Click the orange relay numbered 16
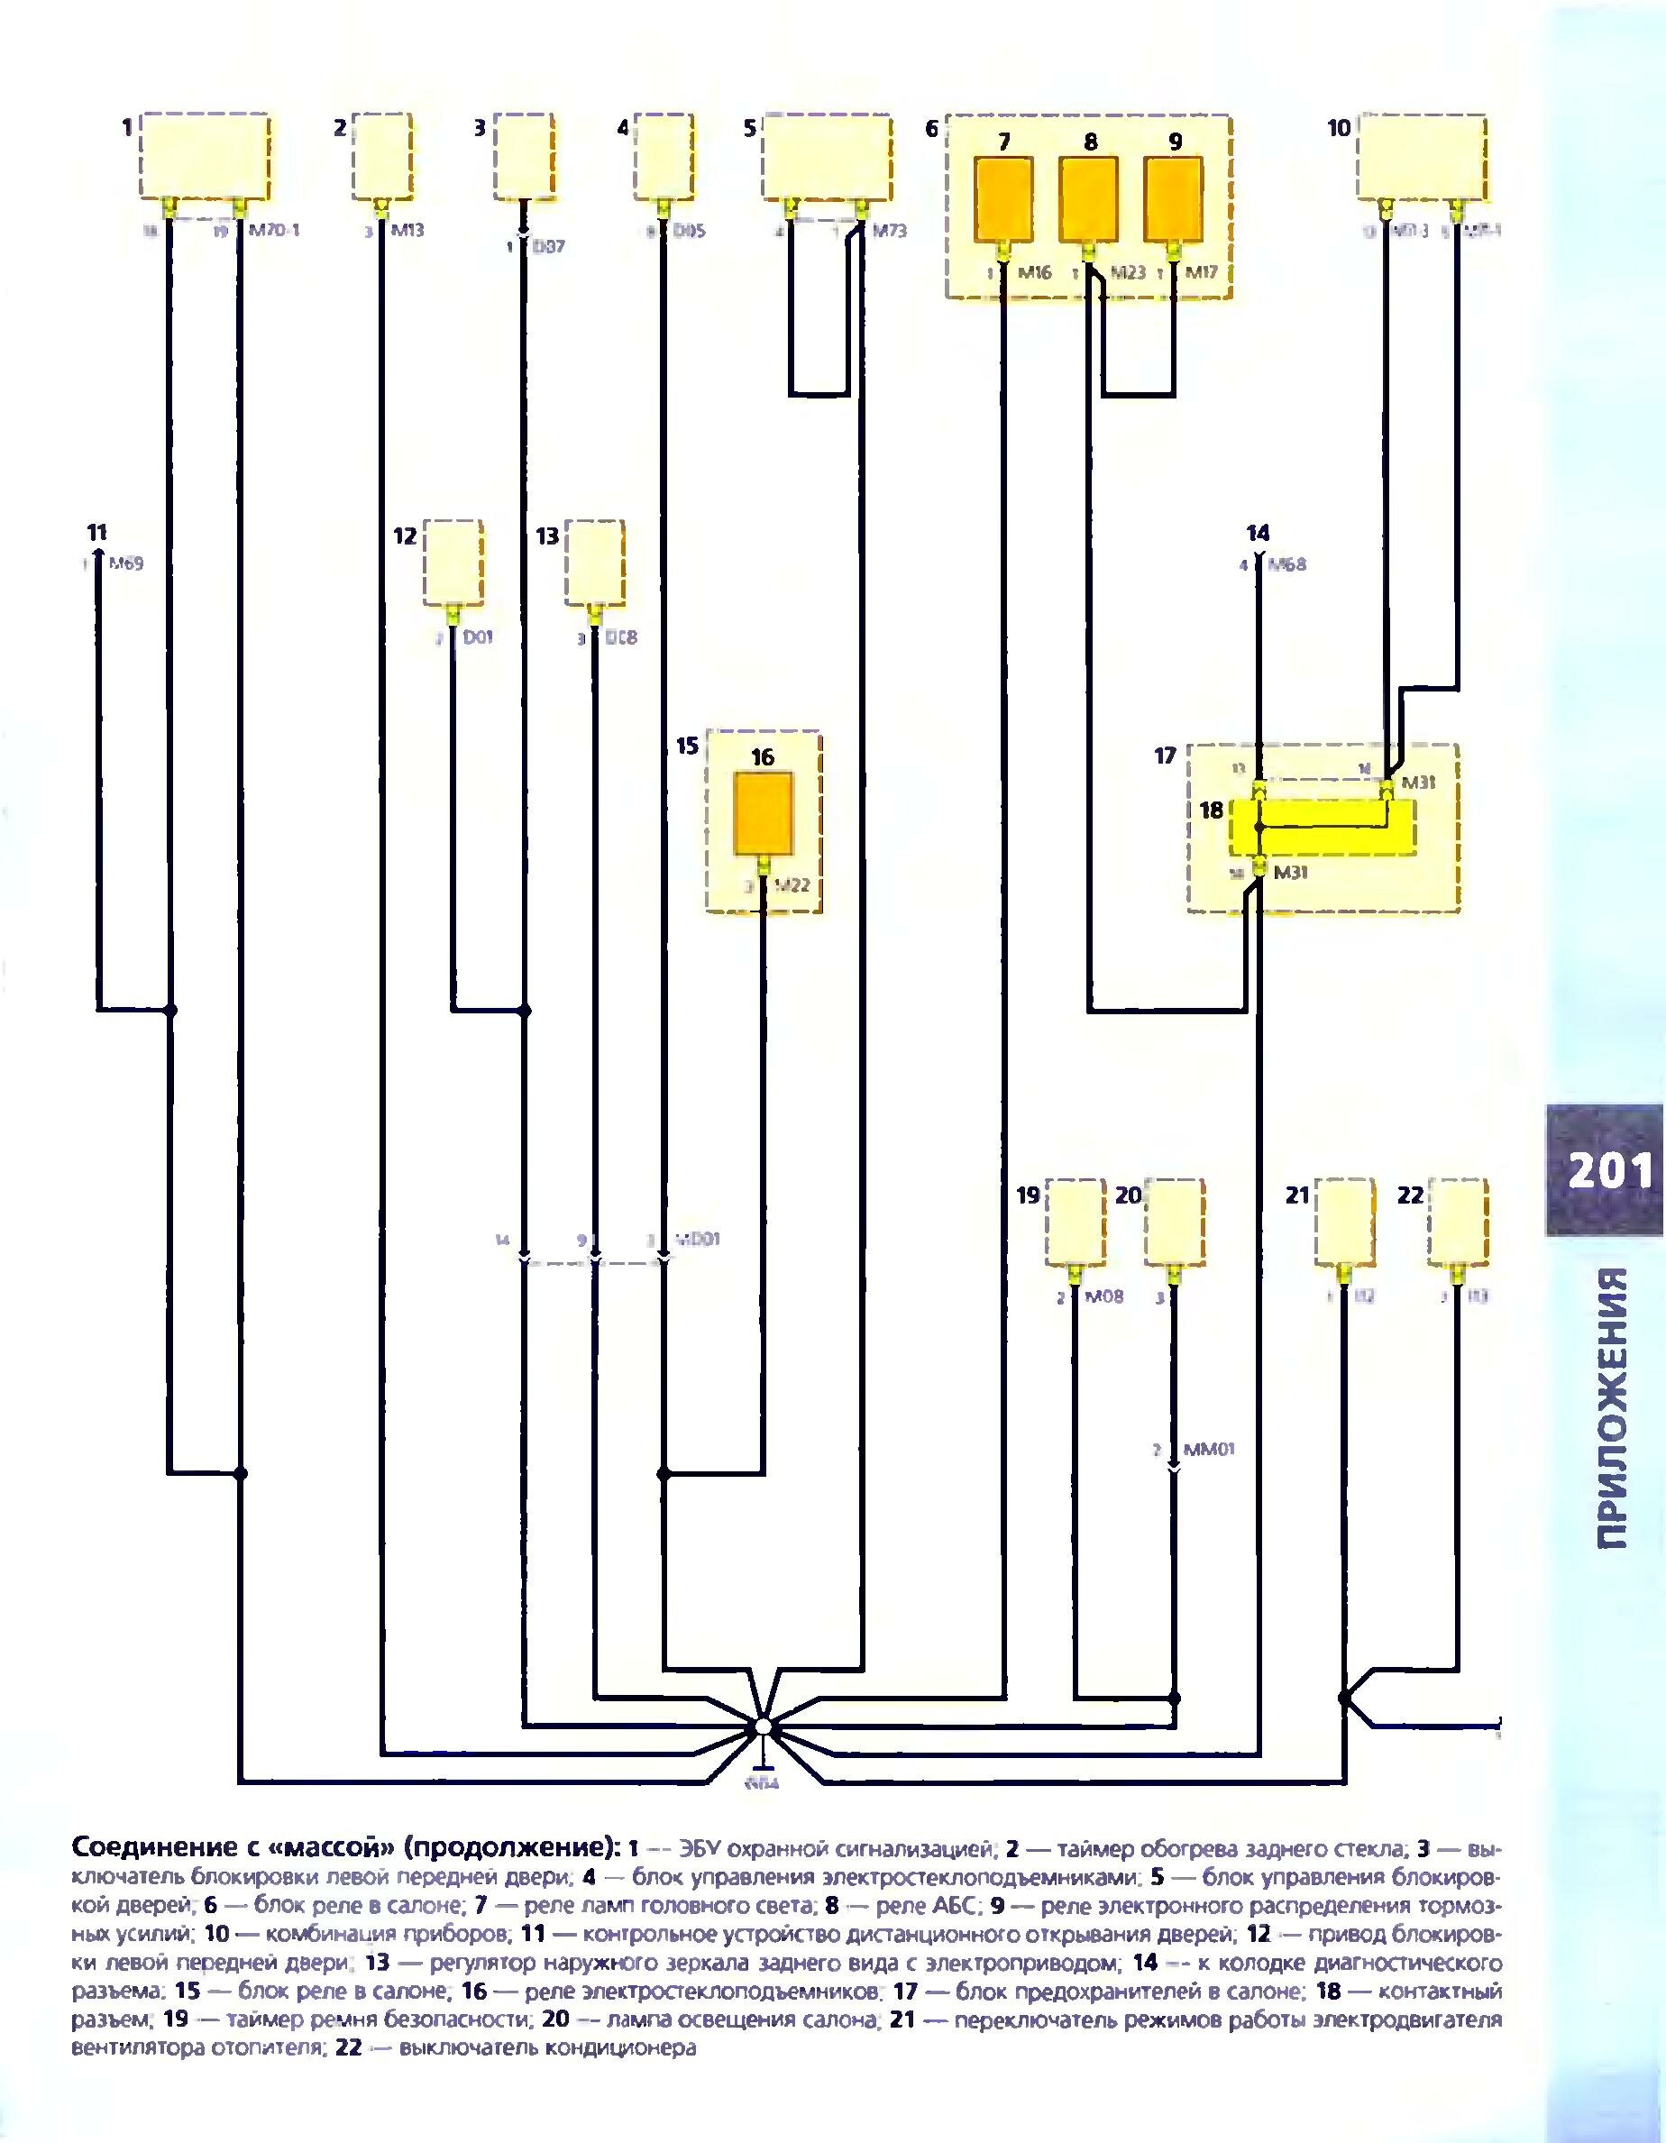tap(764, 811)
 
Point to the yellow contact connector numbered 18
tap(1322, 825)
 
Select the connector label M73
tap(888, 232)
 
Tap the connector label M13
tap(407, 232)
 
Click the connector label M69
tap(125, 564)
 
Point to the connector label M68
tap(1287, 565)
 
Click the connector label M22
tap(791, 886)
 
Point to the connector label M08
tap(1104, 1297)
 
